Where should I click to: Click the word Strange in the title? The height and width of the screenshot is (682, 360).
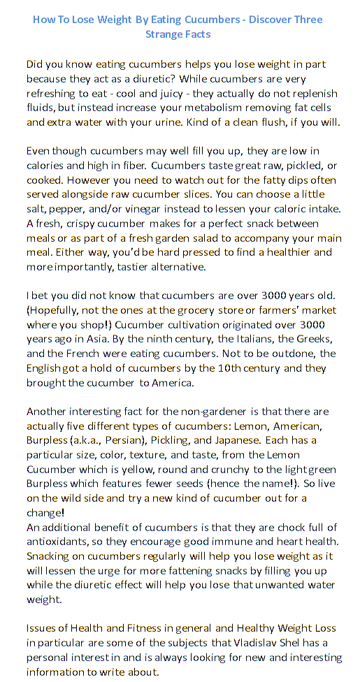point(163,34)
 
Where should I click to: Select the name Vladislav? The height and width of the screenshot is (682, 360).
point(261,643)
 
